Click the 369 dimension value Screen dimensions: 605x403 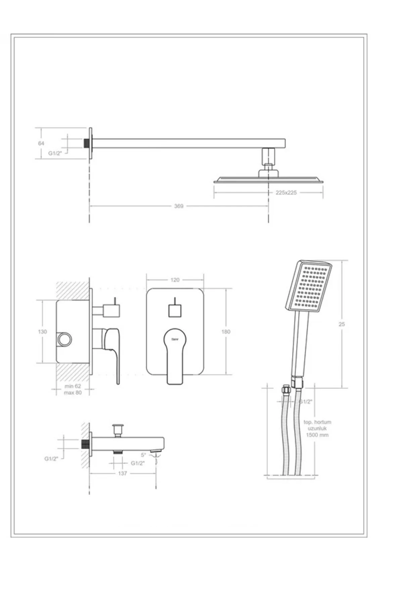[179, 206]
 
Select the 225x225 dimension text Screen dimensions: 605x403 [286, 193]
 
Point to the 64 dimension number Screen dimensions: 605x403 [41, 143]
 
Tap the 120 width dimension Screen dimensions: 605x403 [175, 280]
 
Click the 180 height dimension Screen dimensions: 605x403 [226, 332]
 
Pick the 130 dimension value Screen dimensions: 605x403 [42, 332]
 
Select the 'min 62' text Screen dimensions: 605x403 [73, 386]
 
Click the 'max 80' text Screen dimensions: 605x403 [73, 393]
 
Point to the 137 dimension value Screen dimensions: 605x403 [123, 473]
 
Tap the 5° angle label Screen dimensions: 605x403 [143, 455]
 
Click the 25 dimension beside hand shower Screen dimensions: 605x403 [342, 324]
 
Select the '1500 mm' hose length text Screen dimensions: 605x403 [317, 435]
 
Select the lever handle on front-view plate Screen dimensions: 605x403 [175, 356]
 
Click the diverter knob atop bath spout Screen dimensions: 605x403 [118, 429]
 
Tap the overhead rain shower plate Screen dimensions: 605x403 [269, 180]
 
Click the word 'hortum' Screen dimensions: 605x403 [323, 422]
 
